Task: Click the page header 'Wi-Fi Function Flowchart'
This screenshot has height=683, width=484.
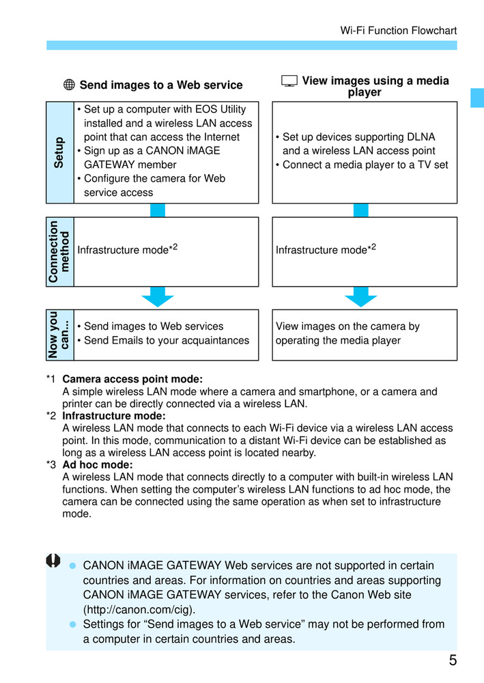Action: point(398,31)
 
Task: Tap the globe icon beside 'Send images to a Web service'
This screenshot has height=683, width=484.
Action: point(69,85)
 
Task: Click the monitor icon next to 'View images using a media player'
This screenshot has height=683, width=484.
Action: point(289,81)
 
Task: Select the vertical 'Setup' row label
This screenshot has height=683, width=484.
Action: point(59,152)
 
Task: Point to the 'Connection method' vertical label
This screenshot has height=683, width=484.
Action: point(59,251)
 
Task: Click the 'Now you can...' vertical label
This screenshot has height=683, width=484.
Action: point(59,335)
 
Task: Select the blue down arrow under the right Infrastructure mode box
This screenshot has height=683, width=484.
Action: point(361,296)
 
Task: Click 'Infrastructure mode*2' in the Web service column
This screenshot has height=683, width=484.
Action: point(128,249)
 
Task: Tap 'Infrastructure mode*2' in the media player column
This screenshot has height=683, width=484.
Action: point(326,249)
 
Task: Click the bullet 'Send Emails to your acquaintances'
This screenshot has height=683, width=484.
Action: point(167,340)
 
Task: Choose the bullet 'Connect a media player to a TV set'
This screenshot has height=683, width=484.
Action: point(365,165)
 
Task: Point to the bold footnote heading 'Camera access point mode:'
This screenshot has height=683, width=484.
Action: point(132,379)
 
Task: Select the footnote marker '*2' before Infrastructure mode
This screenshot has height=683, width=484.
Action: point(51,416)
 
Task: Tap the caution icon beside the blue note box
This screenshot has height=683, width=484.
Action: point(53,560)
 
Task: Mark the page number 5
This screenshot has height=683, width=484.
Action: point(453,660)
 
